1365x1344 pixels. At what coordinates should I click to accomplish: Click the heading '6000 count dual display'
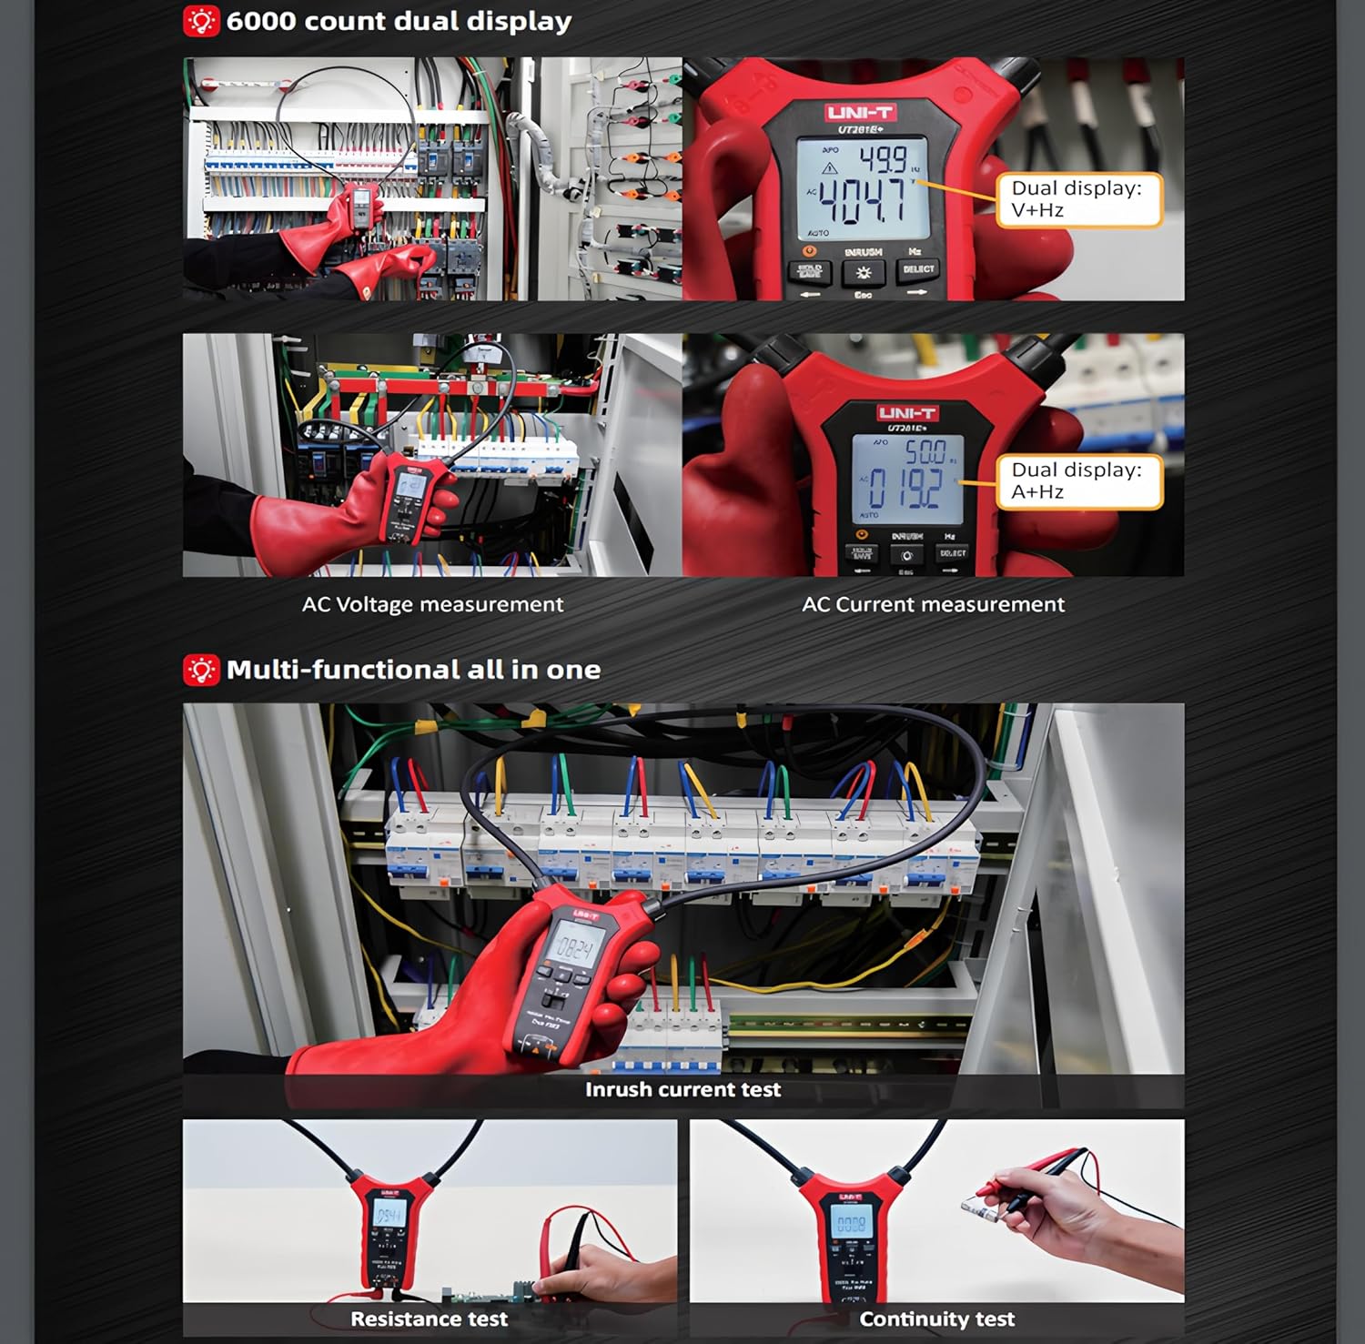pyautogui.click(x=399, y=21)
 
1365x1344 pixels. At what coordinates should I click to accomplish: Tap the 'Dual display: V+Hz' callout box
pyautogui.click(x=1077, y=199)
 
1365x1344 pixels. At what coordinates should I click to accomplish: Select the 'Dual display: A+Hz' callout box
pyautogui.click(x=1077, y=481)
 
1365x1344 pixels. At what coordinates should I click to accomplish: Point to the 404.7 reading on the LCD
pyautogui.click(x=862, y=201)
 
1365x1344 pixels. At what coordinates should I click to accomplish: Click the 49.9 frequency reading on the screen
pyautogui.click(x=883, y=158)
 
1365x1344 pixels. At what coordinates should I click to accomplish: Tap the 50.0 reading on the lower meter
pyautogui.click(x=924, y=450)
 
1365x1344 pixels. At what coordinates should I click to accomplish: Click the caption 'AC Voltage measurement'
pyautogui.click(x=432, y=604)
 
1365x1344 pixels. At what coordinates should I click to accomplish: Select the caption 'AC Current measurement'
pyautogui.click(x=933, y=604)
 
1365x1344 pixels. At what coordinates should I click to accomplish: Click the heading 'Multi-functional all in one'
pyautogui.click(x=413, y=670)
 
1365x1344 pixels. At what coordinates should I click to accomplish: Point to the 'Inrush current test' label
pyautogui.click(x=682, y=1089)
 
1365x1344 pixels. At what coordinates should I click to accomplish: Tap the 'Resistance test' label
pyautogui.click(x=429, y=1319)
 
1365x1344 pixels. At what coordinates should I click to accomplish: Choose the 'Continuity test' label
pyautogui.click(x=936, y=1319)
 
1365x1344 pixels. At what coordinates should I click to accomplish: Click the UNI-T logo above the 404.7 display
pyautogui.click(x=860, y=113)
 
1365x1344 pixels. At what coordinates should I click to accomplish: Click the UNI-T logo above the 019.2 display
pyautogui.click(x=906, y=413)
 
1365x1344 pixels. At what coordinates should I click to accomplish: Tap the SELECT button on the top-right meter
pyautogui.click(x=918, y=269)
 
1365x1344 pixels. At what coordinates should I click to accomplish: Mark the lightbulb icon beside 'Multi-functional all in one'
pyautogui.click(x=201, y=670)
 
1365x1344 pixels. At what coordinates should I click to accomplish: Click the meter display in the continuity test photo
pyautogui.click(x=851, y=1224)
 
